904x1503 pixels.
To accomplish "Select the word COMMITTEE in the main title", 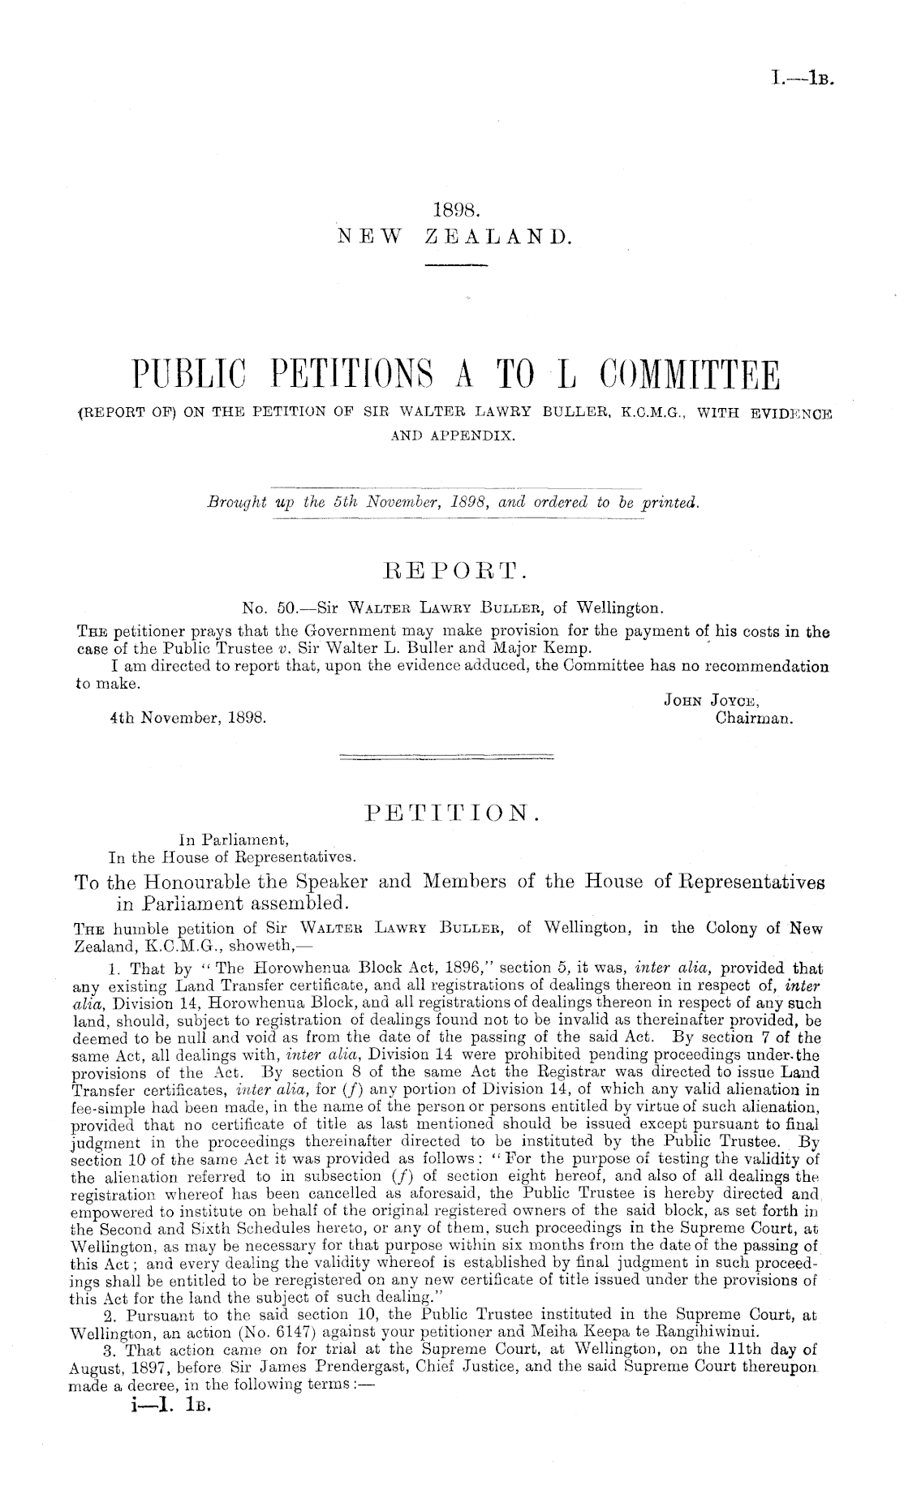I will (690, 378).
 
